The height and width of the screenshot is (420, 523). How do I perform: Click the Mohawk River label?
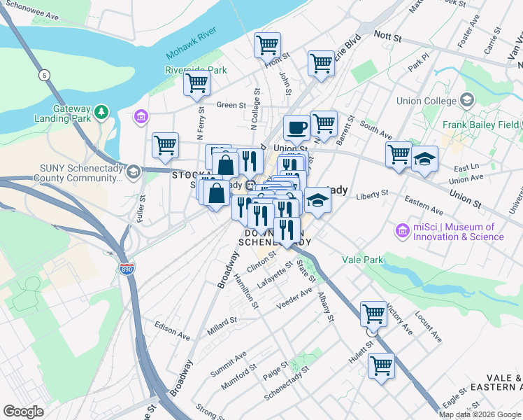click(192, 45)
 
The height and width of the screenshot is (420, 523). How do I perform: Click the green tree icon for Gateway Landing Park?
click(103, 111)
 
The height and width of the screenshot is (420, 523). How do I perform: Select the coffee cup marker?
click(296, 128)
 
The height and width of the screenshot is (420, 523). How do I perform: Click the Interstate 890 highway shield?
click(126, 269)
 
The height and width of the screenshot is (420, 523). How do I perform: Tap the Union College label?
click(417, 101)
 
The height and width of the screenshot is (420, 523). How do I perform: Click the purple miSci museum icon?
click(402, 230)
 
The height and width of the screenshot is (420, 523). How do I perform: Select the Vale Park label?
click(362, 260)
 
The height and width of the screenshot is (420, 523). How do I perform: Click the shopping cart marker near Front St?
click(267, 45)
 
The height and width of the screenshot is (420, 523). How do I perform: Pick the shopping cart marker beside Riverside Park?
click(196, 83)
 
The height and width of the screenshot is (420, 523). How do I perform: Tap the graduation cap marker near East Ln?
click(424, 159)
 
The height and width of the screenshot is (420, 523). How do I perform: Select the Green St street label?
click(231, 105)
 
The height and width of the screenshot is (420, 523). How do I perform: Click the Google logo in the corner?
click(23, 412)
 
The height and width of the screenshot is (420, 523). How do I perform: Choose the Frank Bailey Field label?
click(480, 125)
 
